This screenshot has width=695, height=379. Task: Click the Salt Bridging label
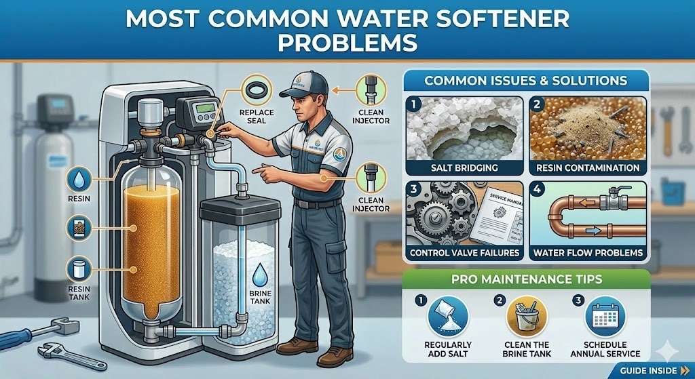pos(465,167)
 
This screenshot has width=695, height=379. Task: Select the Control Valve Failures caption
pos(465,253)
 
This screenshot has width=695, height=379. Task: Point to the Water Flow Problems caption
pos(588,253)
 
